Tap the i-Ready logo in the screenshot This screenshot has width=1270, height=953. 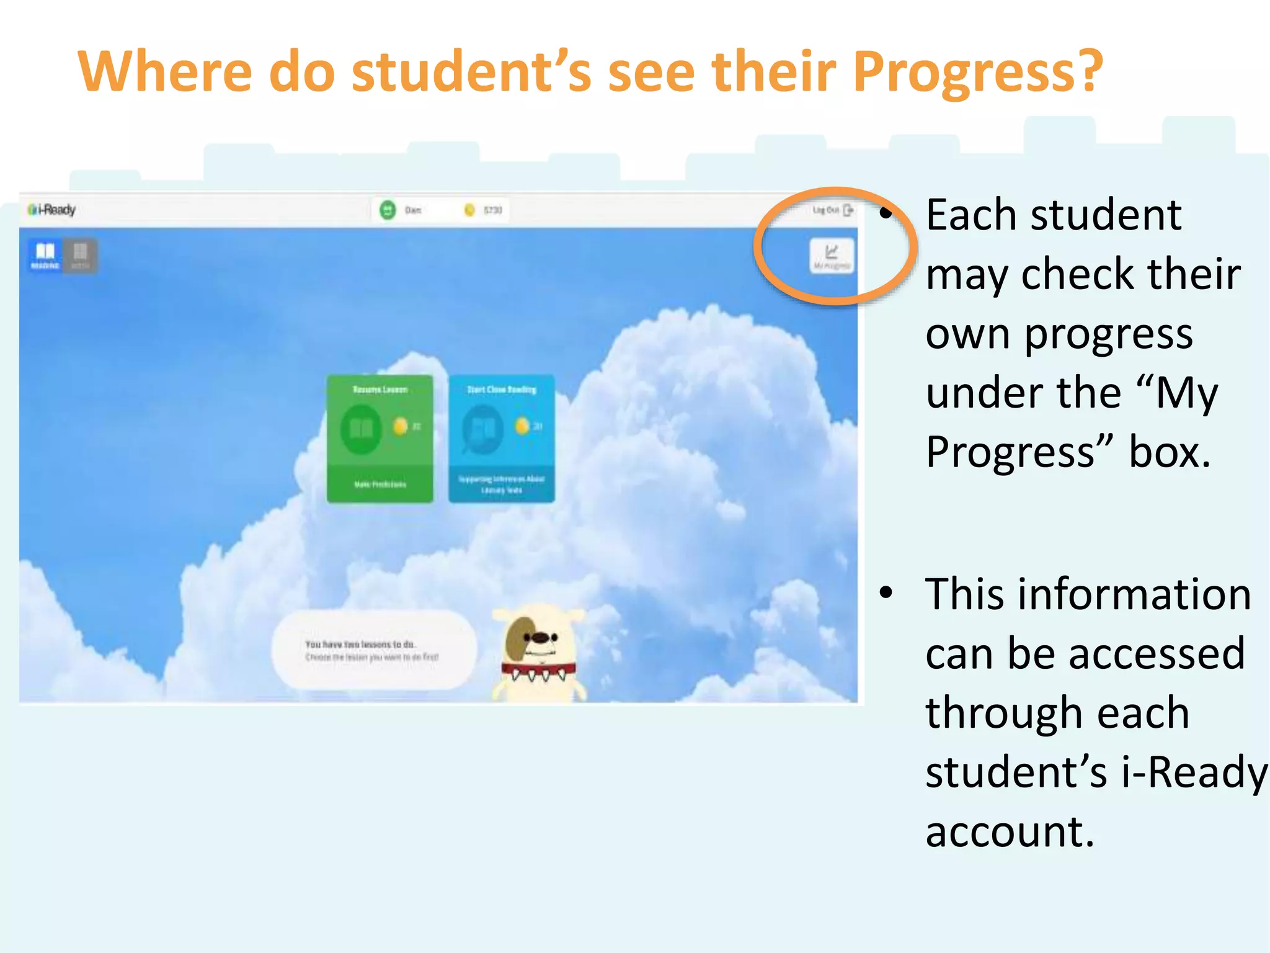52,210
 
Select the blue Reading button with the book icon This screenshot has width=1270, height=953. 45,255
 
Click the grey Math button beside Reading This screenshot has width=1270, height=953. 80,255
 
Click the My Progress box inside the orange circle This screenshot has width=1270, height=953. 831,256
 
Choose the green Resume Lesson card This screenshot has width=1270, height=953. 380,438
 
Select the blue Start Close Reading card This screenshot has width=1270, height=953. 501,438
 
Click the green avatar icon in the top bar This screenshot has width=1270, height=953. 388,210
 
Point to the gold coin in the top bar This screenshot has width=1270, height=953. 469,210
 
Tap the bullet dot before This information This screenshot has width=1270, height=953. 886,593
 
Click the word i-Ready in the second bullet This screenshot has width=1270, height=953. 1195,772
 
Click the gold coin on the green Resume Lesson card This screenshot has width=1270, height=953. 400,426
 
